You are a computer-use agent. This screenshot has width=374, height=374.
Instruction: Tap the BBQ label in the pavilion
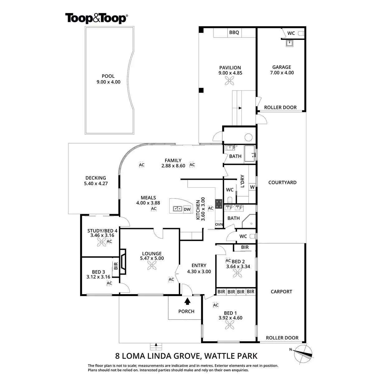point(234,32)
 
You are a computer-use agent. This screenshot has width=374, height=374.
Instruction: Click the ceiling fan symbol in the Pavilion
point(230,82)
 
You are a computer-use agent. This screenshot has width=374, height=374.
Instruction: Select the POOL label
point(108,76)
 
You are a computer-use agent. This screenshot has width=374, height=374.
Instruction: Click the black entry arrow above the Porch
point(187,301)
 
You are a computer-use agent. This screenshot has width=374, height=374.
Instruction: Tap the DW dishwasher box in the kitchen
point(187,209)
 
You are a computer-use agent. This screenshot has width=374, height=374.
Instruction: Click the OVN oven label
point(219,224)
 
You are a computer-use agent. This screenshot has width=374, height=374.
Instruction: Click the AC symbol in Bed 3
point(109,283)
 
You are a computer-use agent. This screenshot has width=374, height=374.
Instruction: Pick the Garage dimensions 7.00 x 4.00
point(282,73)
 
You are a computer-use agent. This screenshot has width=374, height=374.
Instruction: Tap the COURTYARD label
point(282,182)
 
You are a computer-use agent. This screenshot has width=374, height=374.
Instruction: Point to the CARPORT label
point(281,292)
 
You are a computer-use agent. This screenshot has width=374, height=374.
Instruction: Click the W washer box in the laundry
point(252,187)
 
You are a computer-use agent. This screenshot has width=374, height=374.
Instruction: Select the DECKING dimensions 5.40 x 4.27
point(96,184)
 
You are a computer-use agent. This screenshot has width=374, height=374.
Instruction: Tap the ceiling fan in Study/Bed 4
point(100,244)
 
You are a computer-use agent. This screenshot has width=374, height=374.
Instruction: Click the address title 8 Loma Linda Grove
point(186,356)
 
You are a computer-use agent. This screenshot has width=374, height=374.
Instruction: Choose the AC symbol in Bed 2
point(228,261)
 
